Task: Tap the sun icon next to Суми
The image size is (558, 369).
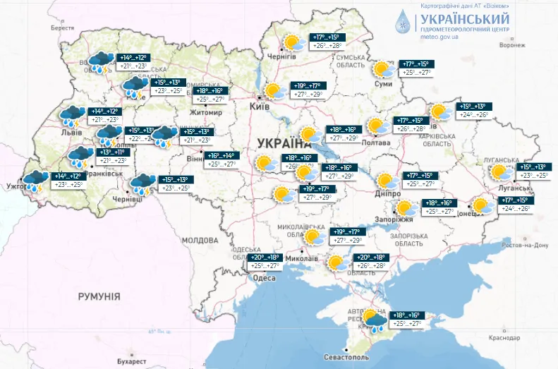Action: coord(383,69)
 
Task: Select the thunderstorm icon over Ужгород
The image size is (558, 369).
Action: coord(35,181)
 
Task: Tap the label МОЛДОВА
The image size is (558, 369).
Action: coord(200,241)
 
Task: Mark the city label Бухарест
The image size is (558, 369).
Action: coord(132,361)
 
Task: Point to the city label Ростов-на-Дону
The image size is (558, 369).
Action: coord(525,245)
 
